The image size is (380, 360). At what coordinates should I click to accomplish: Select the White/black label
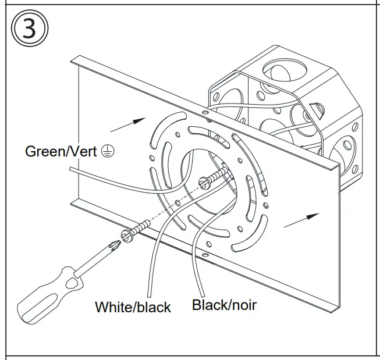tap(133, 306)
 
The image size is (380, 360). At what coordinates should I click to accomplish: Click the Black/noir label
tap(224, 304)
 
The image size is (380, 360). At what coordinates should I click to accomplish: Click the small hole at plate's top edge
tap(204, 111)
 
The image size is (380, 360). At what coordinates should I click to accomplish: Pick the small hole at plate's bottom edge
tap(204, 254)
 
